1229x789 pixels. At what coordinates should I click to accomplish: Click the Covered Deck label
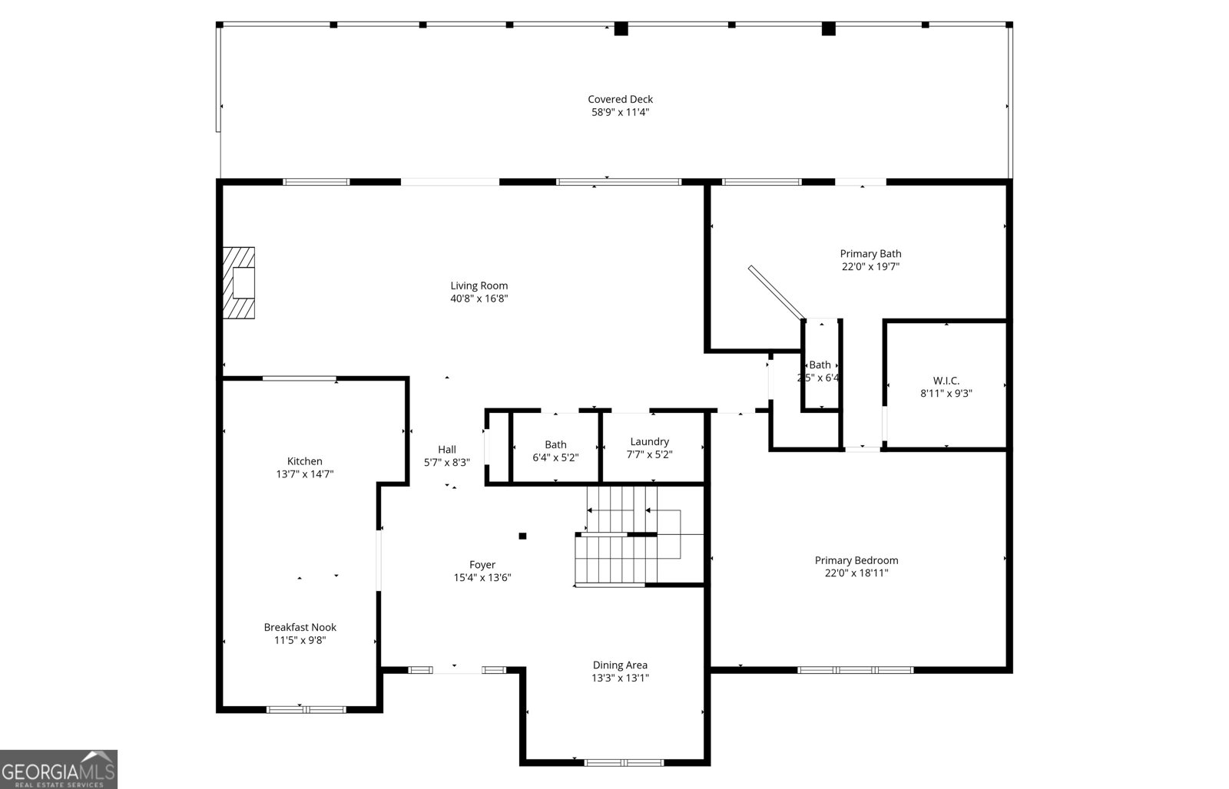620,99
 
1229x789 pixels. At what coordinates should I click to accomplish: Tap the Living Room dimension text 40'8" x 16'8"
479,299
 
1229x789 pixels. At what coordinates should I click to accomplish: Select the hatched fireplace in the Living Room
238,282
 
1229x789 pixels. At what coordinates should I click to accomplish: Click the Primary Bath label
870,254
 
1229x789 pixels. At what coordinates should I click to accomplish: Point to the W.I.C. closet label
946,381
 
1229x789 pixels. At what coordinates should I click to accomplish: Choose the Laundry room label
649,442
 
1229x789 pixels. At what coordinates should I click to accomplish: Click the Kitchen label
304,461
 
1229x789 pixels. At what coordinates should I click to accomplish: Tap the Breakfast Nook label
300,627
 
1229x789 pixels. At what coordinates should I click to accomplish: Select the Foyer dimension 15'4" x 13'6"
482,578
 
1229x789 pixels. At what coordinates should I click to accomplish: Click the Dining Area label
620,665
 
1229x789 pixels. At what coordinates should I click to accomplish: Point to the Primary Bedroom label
856,560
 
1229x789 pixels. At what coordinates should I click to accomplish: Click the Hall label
446,450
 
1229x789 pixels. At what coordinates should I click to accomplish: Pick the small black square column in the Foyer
522,536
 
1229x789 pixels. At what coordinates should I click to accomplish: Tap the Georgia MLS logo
58,769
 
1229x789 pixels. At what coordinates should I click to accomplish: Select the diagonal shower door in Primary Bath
776,292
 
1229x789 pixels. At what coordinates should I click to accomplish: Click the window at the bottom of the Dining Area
624,762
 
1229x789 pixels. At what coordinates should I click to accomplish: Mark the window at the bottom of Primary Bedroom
855,670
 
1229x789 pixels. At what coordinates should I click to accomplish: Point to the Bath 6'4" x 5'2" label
555,445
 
